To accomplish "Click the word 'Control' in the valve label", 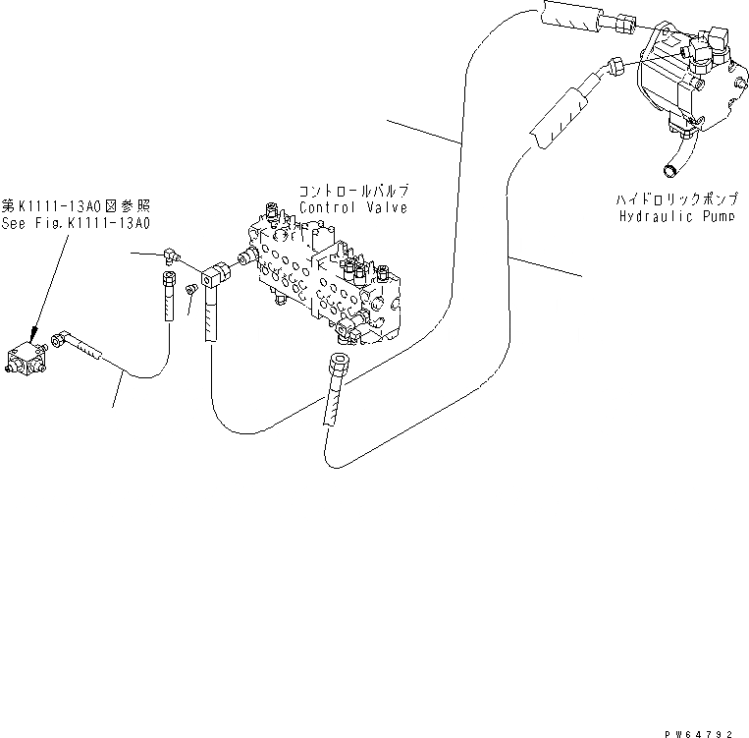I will click(x=325, y=208).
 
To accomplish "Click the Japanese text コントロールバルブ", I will click(x=356, y=191).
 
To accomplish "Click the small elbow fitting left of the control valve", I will click(x=171, y=255).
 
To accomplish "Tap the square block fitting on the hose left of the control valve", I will click(x=213, y=279).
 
